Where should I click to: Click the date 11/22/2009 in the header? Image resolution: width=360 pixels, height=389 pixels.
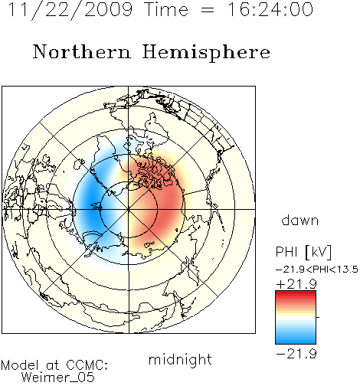pyautogui.click(x=70, y=10)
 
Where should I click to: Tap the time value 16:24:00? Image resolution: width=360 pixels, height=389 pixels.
pyautogui.click(x=270, y=9)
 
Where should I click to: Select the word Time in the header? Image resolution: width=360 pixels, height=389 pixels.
pyautogui.click(x=166, y=9)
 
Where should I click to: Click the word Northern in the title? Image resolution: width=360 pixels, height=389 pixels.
pyautogui.click(x=82, y=52)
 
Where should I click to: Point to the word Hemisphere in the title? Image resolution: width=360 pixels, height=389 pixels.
pyautogui.click(x=206, y=53)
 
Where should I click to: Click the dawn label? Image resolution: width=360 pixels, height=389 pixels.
pyautogui.click(x=300, y=220)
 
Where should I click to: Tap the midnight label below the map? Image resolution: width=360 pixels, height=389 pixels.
pyautogui.click(x=180, y=359)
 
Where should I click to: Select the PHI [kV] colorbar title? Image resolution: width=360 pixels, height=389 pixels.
pyautogui.click(x=303, y=252)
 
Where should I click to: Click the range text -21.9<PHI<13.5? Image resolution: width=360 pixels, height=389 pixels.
pyautogui.click(x=317, y=270)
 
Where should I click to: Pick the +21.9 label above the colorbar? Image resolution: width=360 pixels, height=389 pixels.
pyautogui.click(x=296, y=284)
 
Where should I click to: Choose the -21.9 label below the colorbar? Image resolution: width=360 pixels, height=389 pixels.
pyautogui.click(x=296, y=354)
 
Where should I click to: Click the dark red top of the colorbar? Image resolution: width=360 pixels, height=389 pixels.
pyautogui.click(x=296, y=293)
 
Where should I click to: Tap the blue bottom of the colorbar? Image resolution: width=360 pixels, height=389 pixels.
pyautogui.click(x=296, y=341)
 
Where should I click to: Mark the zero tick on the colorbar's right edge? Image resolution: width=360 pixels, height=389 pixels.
pyautogui.click(x=318, y=317)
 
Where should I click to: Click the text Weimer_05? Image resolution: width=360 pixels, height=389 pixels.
pyautogui.click(x=58, y=378)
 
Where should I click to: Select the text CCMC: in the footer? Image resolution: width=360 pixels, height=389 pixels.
pyautogui.click(x=87, y=365)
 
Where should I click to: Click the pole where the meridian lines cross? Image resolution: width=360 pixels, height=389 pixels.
pyautogui.click(x=129, y=209)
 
